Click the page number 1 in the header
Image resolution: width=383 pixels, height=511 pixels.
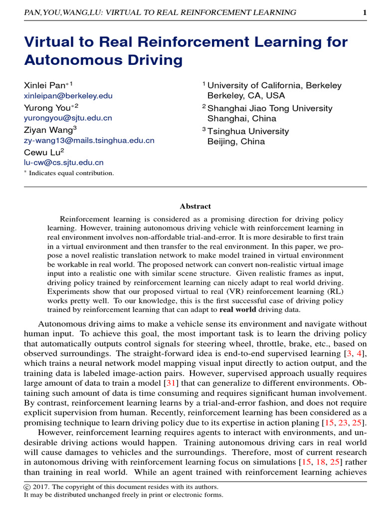[x=365, y=12]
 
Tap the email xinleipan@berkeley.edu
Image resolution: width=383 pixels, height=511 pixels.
[x=68, y=96]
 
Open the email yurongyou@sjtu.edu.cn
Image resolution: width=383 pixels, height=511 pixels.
[x=68, y=118]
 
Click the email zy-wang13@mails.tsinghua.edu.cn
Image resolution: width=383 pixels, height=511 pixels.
[x=89, y=141]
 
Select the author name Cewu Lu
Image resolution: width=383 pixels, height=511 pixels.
[x=41, y=152]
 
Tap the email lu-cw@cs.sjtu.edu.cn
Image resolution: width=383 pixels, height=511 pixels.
[x=64, y=163]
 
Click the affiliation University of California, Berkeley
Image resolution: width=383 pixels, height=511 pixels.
[x=274, y=85]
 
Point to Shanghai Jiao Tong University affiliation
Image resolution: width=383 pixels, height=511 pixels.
[x=269, y=108]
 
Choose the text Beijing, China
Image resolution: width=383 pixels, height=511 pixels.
[x=236, y=142]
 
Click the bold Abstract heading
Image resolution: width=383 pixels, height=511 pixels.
[x=195, y=206]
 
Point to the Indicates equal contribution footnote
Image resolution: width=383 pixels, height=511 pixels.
[x=71, y=173]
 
